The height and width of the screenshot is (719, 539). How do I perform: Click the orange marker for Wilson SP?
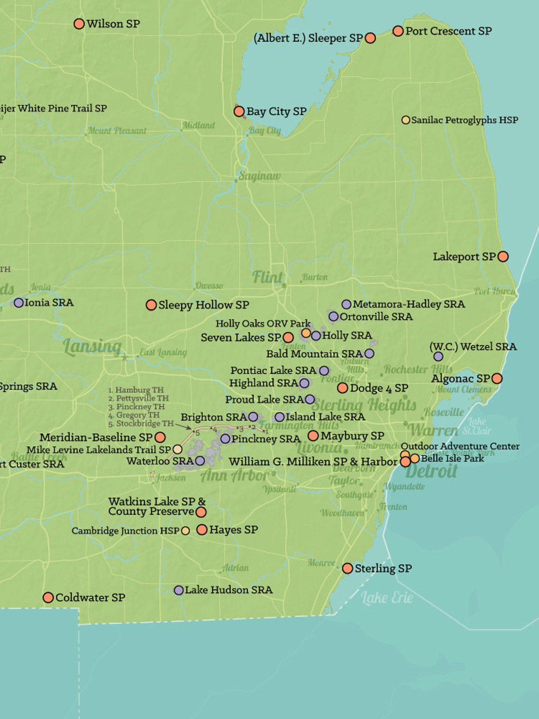(79, 24)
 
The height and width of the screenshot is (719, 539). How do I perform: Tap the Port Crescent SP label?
(448, 31)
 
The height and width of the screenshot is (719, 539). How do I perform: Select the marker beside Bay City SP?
(239, 111)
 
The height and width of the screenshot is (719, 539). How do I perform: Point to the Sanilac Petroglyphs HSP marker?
(406, 120)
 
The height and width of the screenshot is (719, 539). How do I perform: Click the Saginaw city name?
(259, 176)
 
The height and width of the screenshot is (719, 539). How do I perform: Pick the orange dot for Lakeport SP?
(503, 256)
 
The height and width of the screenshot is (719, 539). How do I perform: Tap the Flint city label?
(267, 277)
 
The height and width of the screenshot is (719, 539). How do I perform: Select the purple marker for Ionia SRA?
(19, 303)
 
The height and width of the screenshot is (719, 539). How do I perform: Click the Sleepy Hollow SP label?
(204, 305)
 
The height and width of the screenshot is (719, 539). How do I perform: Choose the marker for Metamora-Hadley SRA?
(346, 304)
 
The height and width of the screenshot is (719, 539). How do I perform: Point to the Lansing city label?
(92, 347)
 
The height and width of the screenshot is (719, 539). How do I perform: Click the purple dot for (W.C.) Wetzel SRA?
(438, 357)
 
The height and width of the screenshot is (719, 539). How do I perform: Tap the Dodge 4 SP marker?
(342, 388)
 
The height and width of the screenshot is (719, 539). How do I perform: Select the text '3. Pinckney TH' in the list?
(136, 407)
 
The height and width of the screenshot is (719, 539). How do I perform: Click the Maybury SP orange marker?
(313, 435)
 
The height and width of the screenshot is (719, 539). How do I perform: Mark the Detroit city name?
(431, 471)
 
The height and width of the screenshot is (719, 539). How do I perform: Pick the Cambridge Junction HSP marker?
(185, 531)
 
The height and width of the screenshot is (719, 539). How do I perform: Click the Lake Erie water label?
(387, 598)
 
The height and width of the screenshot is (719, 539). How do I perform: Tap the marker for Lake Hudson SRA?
(179, 590)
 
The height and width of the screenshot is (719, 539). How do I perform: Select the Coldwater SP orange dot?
(48, 597)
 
